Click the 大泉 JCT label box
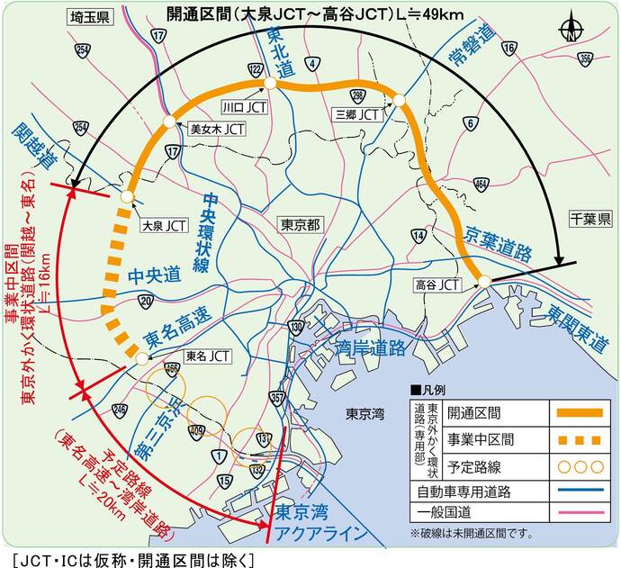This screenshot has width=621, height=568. click(x=165, y=226)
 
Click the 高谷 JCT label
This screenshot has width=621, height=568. click(x=436, y=284)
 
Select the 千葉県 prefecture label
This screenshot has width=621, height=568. click(x=590, y=219)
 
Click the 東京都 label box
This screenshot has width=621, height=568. click(x=301, y=224)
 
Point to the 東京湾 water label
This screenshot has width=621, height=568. click(x=365, y=414)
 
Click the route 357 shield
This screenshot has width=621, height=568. click(x=278, y=397)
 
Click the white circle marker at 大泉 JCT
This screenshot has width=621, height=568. click(x=127, y=196)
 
